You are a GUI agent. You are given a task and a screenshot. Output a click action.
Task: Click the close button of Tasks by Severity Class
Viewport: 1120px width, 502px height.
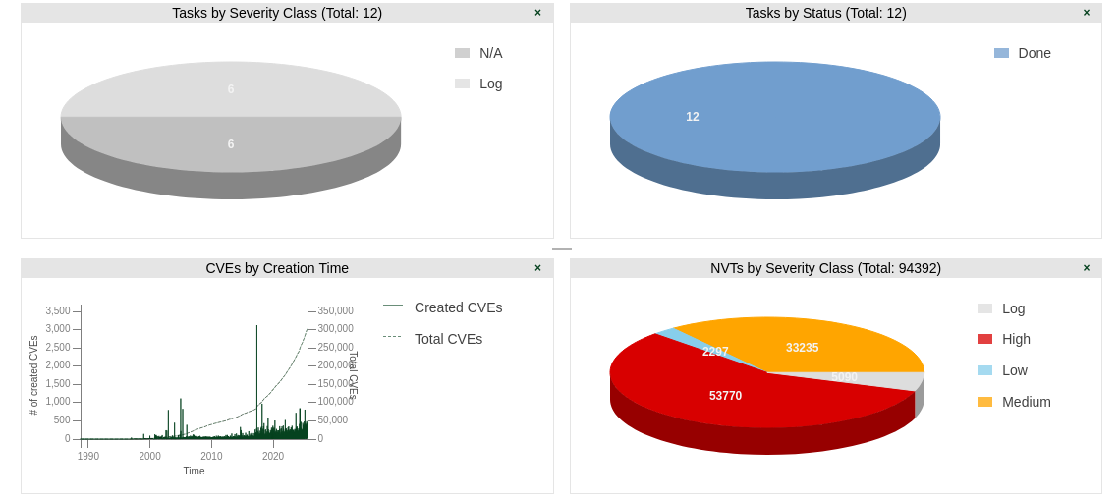coord(537,13)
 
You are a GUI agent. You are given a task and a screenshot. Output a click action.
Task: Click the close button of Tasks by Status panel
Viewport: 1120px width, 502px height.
coord(1087,13)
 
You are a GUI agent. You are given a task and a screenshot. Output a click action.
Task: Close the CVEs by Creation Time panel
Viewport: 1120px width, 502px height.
coord(537,268)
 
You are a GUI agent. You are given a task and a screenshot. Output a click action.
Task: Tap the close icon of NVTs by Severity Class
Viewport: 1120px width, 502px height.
coord(1087,268)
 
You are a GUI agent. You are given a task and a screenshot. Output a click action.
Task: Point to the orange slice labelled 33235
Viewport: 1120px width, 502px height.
coord(802,348)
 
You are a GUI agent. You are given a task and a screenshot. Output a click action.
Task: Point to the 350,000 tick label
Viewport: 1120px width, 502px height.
coord(335,311)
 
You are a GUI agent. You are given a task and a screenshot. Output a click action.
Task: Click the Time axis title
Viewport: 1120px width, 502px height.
coord(195,472)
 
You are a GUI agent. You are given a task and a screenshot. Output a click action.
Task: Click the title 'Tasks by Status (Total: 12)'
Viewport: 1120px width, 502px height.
coord(825,13)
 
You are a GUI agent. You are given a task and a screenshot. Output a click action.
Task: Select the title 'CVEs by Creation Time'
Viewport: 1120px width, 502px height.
coord(277,268)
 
